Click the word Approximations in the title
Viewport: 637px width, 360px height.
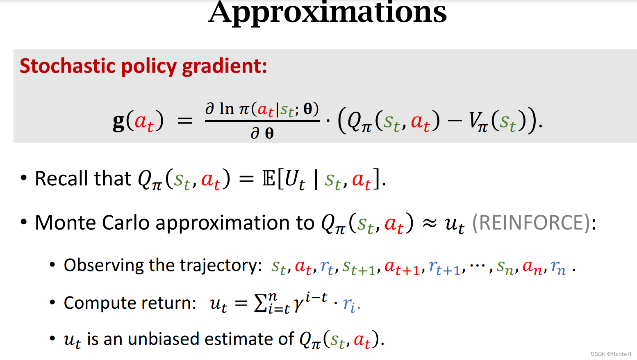328,12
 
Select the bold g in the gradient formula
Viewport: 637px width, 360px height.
118,121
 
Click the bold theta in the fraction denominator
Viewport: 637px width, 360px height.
269,133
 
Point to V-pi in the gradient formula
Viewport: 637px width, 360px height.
478,122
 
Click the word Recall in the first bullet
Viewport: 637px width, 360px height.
61,178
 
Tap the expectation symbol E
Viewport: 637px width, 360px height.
269,179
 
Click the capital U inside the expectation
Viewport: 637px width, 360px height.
291,179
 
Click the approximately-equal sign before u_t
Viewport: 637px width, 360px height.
429,223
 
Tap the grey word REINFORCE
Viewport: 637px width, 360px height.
530,223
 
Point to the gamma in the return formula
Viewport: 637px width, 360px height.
298,304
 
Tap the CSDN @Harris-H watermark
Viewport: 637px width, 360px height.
610,354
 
